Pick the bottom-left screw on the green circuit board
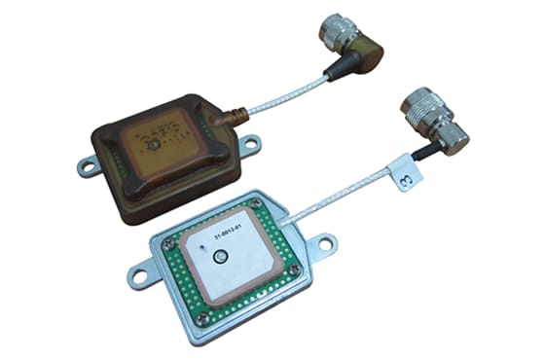[x=203, y=315]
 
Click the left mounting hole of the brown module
[x=86, y=167]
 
